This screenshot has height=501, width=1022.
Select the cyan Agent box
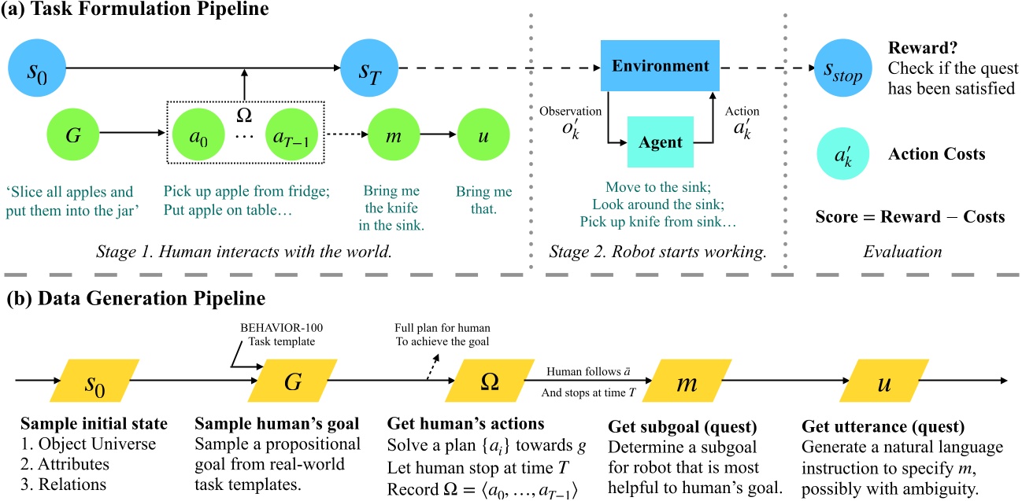[x=660, y=143]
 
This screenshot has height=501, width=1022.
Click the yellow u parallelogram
[x=878, y=381]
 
